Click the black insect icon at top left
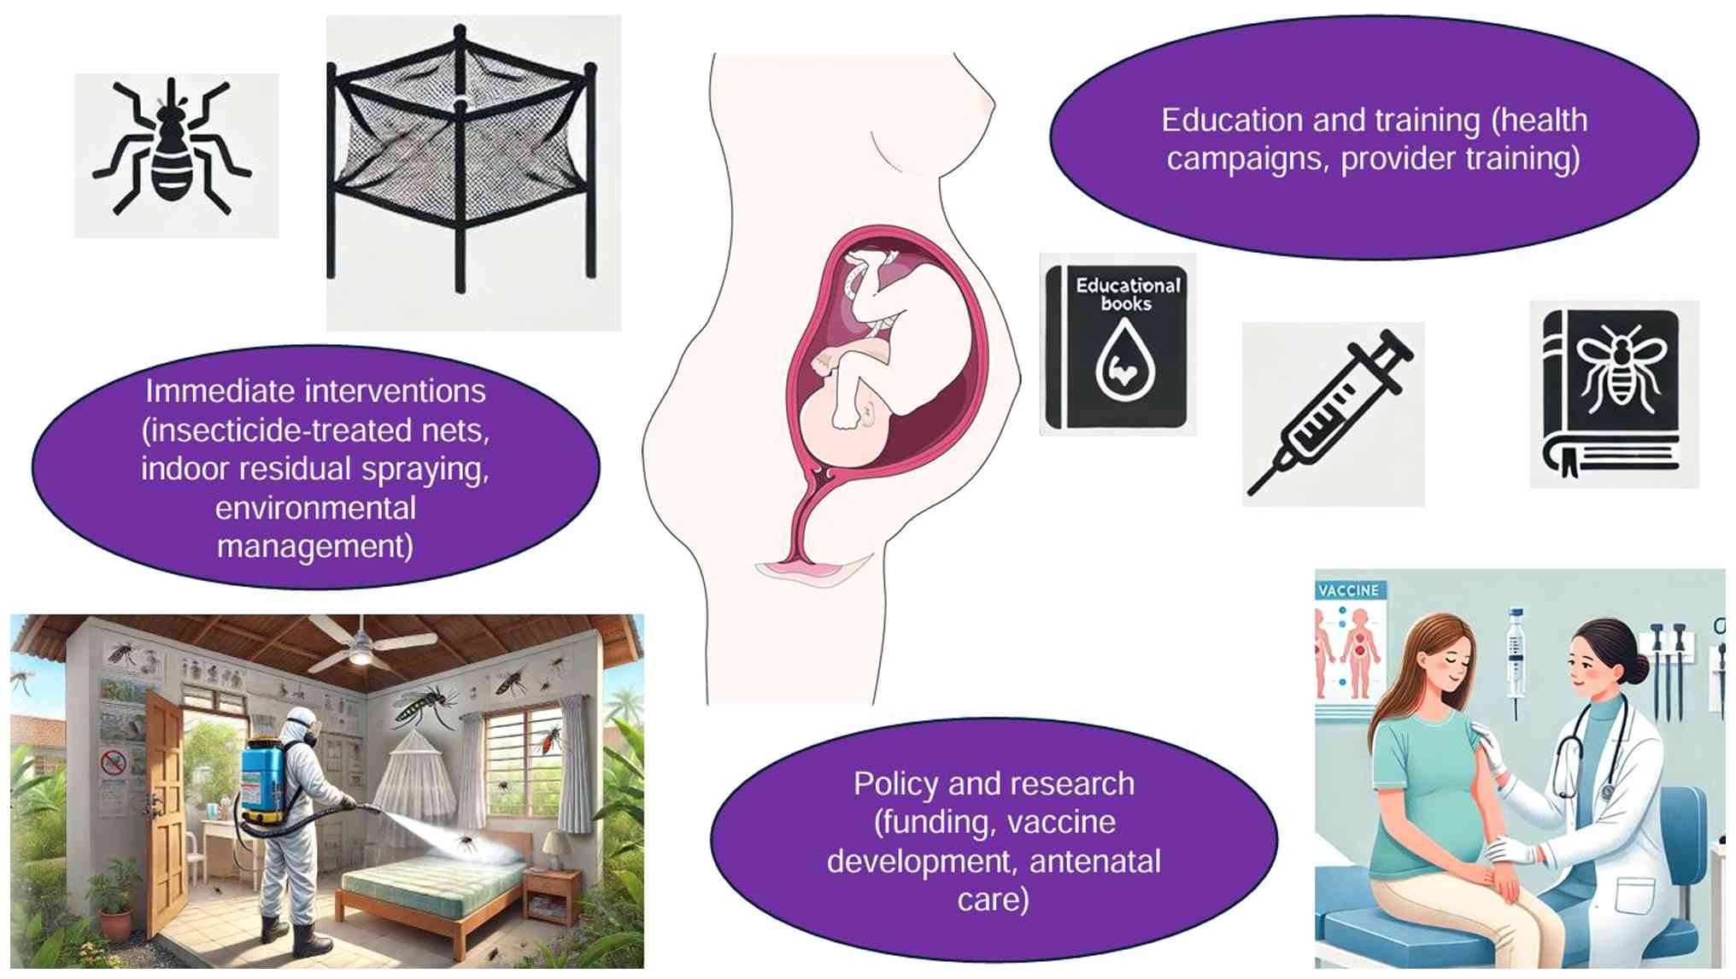[172, 149]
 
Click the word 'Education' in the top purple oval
[1231, 120]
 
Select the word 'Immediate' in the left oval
[218, 391]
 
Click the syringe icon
[1331, 413]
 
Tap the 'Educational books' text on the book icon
[1128, 294]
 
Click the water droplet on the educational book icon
[1125, 363]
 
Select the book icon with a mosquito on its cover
[1612, 393]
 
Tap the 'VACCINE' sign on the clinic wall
[1349, 590]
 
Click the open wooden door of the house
[166, 812]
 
